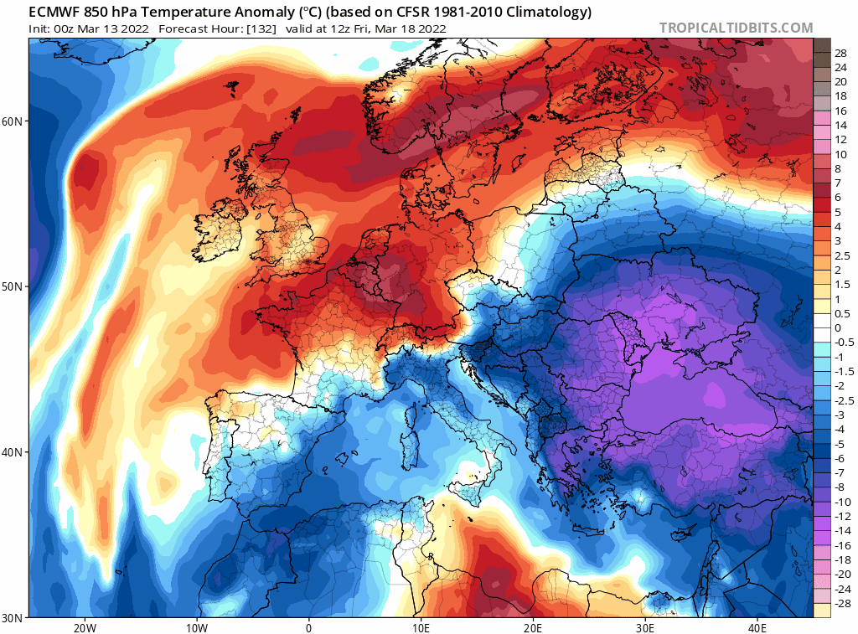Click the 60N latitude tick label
point(13,121)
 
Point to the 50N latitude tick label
point(13,286)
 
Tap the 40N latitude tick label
point(13,452)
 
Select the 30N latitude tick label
point(13,617)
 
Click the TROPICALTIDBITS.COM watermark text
point(736,28)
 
